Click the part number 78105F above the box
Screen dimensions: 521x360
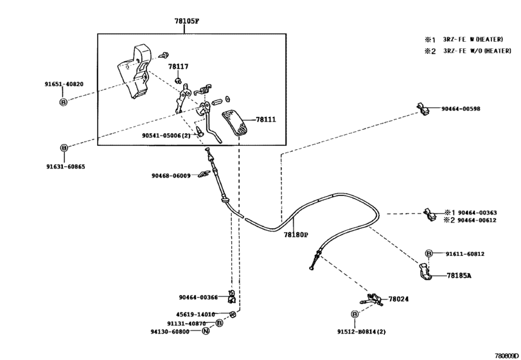[187, 21]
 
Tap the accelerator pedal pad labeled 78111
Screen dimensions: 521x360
[235, 123]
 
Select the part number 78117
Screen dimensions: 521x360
[178, 66]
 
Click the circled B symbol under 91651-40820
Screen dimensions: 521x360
[63, 102]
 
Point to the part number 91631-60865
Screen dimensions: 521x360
[66, 166]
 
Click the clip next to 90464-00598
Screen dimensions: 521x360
[423, 109]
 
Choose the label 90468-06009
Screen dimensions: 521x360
[171, 175]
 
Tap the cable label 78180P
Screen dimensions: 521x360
[296, 235]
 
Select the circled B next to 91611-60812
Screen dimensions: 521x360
[429, 254]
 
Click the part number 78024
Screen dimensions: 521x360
[398, 299]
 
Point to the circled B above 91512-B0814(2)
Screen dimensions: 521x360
[355, 314]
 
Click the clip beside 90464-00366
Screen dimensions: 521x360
[232, 296]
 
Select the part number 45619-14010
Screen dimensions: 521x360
[195, 314]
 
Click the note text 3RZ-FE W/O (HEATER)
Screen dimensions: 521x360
[477, 51]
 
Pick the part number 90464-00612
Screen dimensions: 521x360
[477, 220]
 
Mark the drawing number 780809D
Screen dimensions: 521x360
[507, 355]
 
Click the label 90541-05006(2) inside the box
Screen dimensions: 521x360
[166, 136]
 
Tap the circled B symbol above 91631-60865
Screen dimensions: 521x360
[64, 148]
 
